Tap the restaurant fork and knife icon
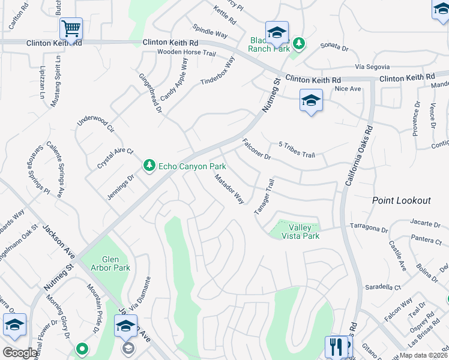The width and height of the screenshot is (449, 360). point(336,346)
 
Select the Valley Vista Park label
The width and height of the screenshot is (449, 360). point(300,232)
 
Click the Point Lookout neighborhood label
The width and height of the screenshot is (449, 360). point(401,200)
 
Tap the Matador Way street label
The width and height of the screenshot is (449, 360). point(230,188)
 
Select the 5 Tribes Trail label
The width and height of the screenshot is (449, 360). point(297,149)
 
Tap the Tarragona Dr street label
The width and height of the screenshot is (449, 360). point(369,229)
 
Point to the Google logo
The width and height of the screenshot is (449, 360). point(20,353)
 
